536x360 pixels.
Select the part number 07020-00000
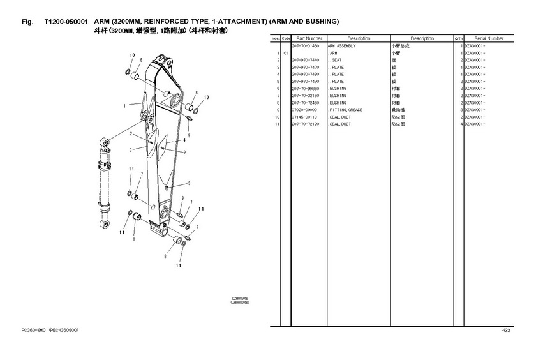[x=304, y=110]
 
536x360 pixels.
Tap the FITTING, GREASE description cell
[x=346, y=110]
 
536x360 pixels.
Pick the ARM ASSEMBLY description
[x=342, y=46]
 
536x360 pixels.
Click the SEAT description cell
[x=337, y=60]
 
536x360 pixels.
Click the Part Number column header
[x=309, y=39]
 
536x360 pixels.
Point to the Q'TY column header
[x=458, y=39]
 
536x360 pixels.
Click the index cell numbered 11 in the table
[x=278, y=124]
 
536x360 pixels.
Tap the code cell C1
[x=286, y=53]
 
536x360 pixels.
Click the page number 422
[x=506, y=330]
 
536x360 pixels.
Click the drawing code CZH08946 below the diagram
[x=239, y=298]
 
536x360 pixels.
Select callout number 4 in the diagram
[x=184, y=139]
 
